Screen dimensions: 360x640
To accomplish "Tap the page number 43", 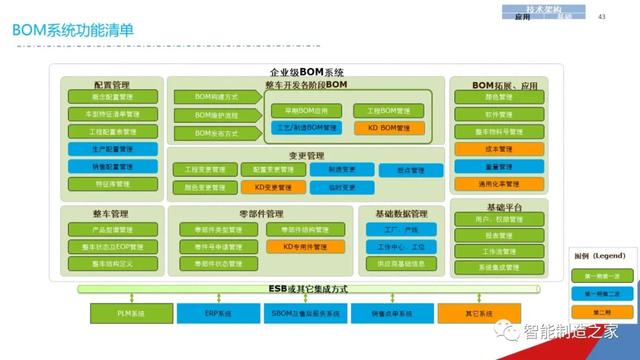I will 601,17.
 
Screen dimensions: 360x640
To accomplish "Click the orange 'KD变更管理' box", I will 273,187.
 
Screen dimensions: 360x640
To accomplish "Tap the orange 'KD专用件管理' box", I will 305,246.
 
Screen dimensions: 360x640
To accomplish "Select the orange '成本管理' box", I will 497,149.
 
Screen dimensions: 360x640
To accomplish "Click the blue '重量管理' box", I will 497,167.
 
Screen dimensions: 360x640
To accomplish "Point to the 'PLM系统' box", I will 132,315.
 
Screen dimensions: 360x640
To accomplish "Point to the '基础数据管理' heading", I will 400,213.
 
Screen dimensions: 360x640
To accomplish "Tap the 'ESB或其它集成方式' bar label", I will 307,289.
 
